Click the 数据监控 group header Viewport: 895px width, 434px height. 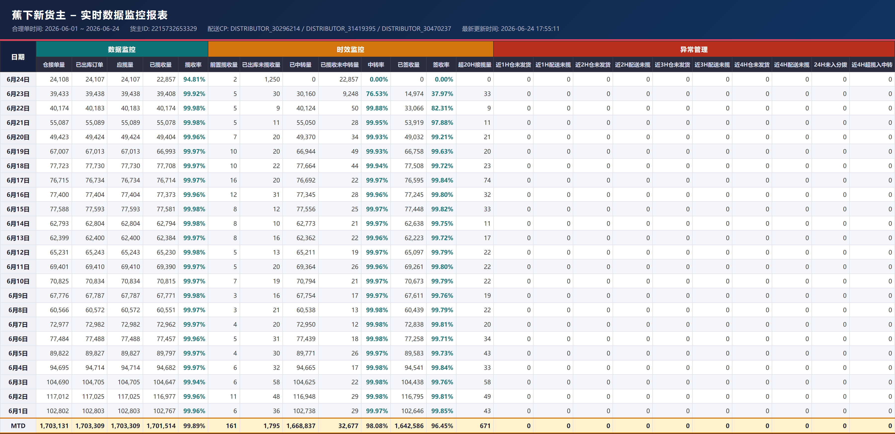click(x=122, y=49)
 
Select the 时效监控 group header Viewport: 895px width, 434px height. click(x=350, y=49)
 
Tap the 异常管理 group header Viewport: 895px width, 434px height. click(x=694, y=49)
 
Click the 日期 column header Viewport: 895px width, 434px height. click(x=18, y=57)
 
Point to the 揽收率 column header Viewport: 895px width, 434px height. click(x=193, y=65)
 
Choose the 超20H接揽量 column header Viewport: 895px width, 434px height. click(x=475, y=65)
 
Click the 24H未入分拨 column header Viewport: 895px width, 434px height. click(x=830, y=65)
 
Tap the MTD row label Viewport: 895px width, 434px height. click(x=18, y=426)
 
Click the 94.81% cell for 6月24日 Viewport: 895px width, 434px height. click(x=194, y=79)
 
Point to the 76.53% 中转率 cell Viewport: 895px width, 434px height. click(x=377, y=94)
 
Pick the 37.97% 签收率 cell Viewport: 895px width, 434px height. click(x=442, y=94)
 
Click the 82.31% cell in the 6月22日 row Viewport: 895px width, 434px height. click(x=442, y=108)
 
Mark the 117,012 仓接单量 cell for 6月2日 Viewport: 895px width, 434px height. click(x=58, y=396)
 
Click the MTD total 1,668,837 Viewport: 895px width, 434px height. click(x=301, y=426)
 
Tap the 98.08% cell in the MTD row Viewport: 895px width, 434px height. click(x=377, y=426)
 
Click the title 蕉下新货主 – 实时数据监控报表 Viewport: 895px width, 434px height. click(x=90, y=15)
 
